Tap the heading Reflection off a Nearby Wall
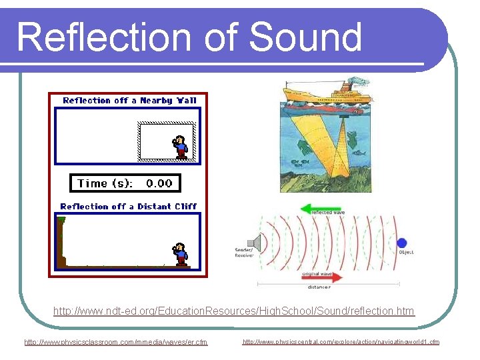pyautogui.click(x=129, y=101)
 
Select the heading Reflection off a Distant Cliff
pyautogui.click(x=128, y=207)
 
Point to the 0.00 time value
pyautogui.click(x=159, y=183)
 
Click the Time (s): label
pyautogui.click(x=105, y=183)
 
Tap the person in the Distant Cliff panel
pyautogui.click(x=179, y=253)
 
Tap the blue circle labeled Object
pyautogui.click(x=402, y=243)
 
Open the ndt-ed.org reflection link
pyautogui.click(x=234, y=311)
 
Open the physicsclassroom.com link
pyautogui.click(x=116, y=342)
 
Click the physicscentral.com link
pyautogui.click(x=341, y=342)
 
